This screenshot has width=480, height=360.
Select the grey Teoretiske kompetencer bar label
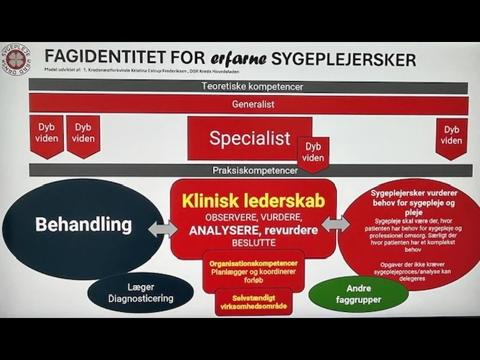click(251, 86)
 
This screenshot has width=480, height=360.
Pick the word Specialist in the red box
click(250, 138)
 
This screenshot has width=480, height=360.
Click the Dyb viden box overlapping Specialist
click(313, 152)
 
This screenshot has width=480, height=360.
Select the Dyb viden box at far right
click(451, 136)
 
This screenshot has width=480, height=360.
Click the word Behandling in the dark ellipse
click(83, 224)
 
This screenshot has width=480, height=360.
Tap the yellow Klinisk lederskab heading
click(253, 200)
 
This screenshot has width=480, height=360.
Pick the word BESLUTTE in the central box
click(253, 243)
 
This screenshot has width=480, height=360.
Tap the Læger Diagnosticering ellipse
click(141, 293)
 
